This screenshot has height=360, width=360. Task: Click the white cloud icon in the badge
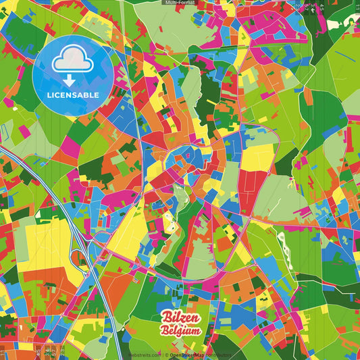coord(73,59)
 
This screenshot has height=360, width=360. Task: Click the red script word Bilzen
coord(178,318)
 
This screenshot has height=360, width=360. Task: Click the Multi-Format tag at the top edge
coord(180,3)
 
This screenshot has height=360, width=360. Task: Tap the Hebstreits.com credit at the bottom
coord(144,355)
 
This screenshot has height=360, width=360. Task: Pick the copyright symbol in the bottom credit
coord(165,355)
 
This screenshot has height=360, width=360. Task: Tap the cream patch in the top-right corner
coord(352,101)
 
